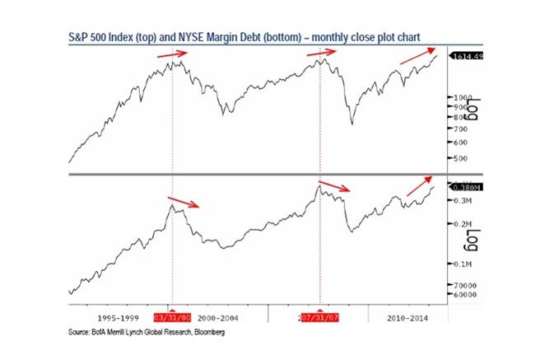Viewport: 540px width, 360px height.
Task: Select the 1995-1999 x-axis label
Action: coord(115,317)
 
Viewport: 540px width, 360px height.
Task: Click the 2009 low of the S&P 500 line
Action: coord(352,124)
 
